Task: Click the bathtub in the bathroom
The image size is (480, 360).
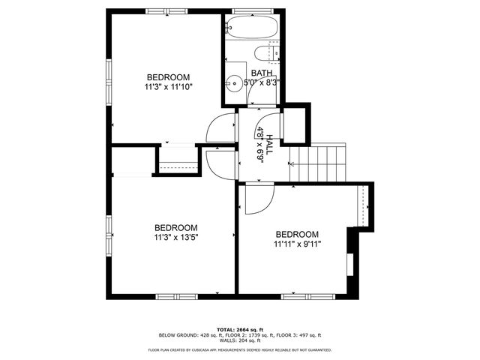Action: click(x=252, y=28)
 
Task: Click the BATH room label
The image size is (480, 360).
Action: click(x=262, y=73)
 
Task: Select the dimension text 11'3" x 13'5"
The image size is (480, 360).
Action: click(x=176, y=238)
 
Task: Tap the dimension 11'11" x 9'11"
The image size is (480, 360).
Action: click(x=297, y=244)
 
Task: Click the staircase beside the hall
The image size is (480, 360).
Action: click(x=318, y=163)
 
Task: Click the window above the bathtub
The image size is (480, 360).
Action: click(x=251, y=11)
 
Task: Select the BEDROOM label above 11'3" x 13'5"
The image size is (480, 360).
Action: click(x=176, y=228)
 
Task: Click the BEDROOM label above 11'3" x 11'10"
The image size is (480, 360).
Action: click(x=168, y=77)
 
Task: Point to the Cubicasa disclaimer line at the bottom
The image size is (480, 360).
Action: click(x=239, y=349)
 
